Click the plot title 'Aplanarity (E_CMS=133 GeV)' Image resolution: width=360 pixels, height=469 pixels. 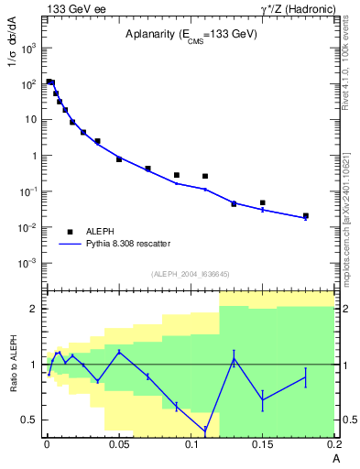[191, 34]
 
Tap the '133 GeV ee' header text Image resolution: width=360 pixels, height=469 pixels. [74, 8]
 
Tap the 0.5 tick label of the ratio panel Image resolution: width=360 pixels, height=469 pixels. [28, 420]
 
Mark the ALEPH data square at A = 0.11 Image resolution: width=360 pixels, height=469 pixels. [205, 176]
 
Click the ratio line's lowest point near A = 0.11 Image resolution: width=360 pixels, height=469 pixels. [205, 430]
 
